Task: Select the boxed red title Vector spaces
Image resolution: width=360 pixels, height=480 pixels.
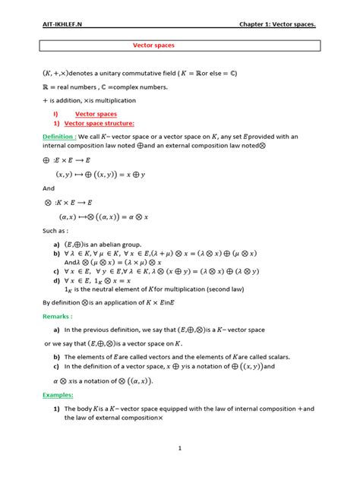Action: point(153,46)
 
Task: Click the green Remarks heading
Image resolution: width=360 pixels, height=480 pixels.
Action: point(58,316)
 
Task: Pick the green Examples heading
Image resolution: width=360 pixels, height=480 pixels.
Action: point(58,396)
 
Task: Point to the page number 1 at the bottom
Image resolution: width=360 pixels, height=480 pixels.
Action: point(180,448)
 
